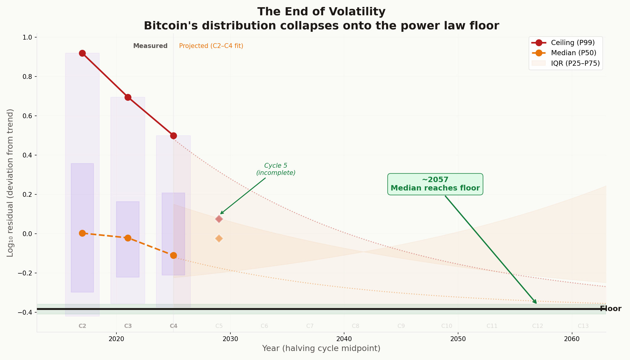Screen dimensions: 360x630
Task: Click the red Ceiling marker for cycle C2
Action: (82, 53)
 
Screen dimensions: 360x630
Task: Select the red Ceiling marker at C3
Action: (128, 97)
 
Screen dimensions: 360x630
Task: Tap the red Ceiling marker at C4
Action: (173, 136)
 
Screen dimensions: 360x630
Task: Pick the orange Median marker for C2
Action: (82, 233)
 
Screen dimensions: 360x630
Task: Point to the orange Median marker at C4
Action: (173, 255)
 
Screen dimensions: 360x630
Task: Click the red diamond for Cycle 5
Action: (219, 219)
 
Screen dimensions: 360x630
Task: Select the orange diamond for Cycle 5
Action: (219, 238)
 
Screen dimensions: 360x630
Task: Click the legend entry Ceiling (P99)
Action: (572, 43)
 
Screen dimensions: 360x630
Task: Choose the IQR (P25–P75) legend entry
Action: (575, 63)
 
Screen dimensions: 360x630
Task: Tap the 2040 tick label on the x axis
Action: (344, 339)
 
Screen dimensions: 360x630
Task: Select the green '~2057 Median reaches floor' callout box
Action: (435, 184)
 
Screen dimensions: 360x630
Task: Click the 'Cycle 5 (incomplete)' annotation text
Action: (276, 169)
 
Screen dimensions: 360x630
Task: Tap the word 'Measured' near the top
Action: (150, 46)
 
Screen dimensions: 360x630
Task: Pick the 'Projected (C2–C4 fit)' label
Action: (211, 46)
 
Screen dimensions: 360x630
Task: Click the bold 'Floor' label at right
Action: (610, 309)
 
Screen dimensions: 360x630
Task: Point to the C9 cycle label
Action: (401, 326)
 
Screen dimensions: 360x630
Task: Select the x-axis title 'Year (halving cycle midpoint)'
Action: (321, 348)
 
